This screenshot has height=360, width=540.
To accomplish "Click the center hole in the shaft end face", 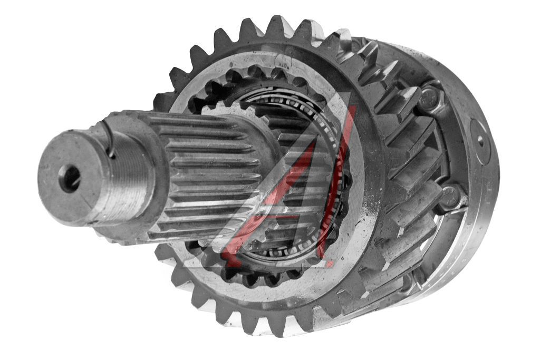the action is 70,178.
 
